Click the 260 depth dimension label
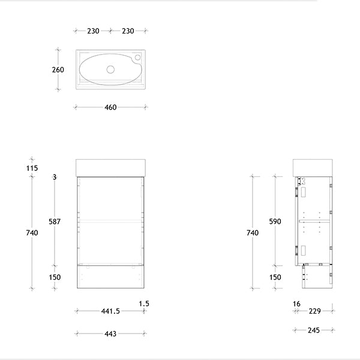(x=58, y=70)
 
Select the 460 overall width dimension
(x=110, y=107)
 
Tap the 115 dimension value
(x=32, y=168)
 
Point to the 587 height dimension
(x=55, y=221)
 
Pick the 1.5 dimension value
(x=143, y=304)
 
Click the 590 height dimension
(x=275, y=221)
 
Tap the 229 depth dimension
(x=314, y=311)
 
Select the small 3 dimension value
(x=55, y=176)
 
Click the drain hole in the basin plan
(x=110, y=70)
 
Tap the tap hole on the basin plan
(x=137, y=58)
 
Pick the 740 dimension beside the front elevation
(x=32, y=233)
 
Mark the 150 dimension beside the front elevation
(x=55, y=277)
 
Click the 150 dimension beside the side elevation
(x=275, y=277)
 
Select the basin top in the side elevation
(x=312, y=166)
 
